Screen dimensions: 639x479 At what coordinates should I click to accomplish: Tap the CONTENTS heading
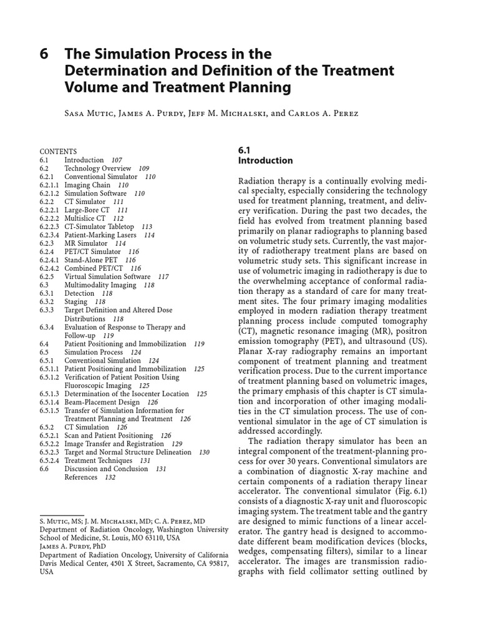pos(58,152)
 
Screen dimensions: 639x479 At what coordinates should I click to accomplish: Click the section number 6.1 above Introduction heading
pos(244,150)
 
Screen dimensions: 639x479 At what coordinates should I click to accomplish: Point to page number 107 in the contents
pos(116,160)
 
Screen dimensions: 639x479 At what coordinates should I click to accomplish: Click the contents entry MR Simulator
pos(86,243)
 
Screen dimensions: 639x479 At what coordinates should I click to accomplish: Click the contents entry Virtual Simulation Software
pos(107,276)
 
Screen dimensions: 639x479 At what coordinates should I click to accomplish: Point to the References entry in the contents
pos(80,477)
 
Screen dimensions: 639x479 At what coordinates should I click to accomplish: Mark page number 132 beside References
pos(110,477)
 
